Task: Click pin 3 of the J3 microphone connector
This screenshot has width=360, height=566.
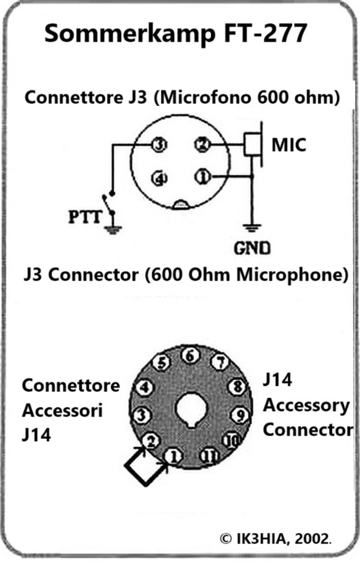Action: [159, 145]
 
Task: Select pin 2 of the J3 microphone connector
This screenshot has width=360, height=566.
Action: [201, 145]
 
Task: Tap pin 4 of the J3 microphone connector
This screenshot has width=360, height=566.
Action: [159, 178]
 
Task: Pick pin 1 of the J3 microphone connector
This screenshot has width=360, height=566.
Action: [201, 177]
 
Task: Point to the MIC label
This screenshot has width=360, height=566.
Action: [289, 145]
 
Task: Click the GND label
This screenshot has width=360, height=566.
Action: [253, 248]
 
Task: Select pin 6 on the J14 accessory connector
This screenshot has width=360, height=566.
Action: [190, 357]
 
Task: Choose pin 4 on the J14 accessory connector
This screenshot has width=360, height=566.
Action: [144, 387]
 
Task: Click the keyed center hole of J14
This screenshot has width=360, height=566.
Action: [191, 411]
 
